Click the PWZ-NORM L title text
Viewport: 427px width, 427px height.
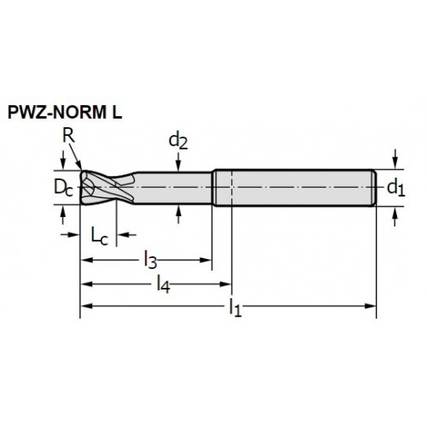pyautogui.click(x=65, y=112)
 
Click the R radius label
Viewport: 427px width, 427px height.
pyautogui.click(x=68, y=136)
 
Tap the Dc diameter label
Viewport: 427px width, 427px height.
pyautogui.click(x=63, y=188)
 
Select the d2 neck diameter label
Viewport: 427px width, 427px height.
pyautogui.click(x=178, y=141)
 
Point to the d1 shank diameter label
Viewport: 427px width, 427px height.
pyautogui.click(x=396, y=188)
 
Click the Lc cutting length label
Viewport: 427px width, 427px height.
pyautogui.click(x=100, y=237)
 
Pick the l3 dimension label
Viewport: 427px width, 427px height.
pyautogui.click(x=150, y=260)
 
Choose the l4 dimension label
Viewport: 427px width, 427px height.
pyautogui.click(x=164, y=284)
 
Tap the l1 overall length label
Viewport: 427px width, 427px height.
pyautogui.click(x=236, y=307)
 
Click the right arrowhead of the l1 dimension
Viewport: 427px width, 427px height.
pyautogui.click(x=371, y=306)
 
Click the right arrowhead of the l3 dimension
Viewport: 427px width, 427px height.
pyautogui.click(x=206, y=260)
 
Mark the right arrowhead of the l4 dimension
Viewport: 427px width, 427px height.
pyautogui.click(x=225, y=284)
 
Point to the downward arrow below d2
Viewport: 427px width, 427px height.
pyautogui.click(x=178, y=161)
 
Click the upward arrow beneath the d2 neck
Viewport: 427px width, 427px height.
pyautogui.click(x=178, y=214)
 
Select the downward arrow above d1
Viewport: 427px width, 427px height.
pyautogui.click(x=395, y=159)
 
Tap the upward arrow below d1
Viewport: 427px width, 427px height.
pyautogui.click(x=395, y=217)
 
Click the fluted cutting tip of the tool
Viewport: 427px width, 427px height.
pyautogui.click(x=107, y=187)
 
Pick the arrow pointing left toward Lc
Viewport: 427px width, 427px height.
pyautogui.click(x=127, y=235)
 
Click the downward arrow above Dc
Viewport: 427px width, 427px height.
pyautogui.click(x=63, y=160)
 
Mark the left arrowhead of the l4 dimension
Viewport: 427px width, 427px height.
pyautogui.click(x=86, y=284)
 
